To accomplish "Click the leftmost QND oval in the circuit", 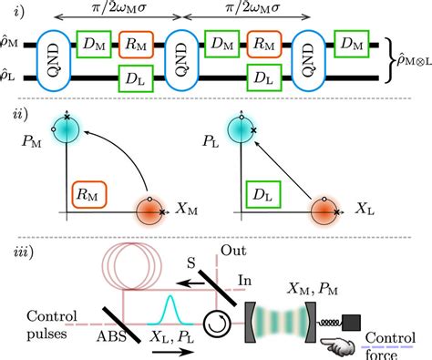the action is [x=54, y=60].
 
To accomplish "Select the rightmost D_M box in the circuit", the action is [x=352, y=44].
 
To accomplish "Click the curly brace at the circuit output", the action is [x=389, y=60].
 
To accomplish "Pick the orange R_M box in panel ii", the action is [x=89, y=195].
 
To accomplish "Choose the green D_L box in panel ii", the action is [x=263, y=195].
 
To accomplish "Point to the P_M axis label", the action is [x=31, y=141].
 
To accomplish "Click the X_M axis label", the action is [x=186, y=210].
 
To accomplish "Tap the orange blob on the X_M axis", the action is [x=149, y=211].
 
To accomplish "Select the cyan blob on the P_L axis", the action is [x=241, y=129].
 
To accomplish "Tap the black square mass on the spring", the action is [x=352, y=323].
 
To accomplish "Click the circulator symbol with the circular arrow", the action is [x=217, y=324].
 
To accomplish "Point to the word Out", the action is [x=233, y=251].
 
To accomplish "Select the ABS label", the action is [x=111, y=336].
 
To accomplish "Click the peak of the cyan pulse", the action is [x=170, y=296].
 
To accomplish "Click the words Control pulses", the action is [x=52, y=325].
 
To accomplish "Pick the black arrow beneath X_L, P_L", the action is [x=172, y=352].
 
